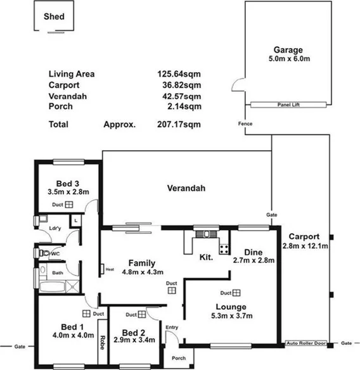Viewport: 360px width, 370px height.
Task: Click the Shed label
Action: coord(53,17)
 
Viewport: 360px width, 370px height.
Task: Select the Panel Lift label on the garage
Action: coord(288,105)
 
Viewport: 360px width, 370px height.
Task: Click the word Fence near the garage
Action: coord(245,124)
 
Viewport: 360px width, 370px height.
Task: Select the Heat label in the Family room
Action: coord(110,268)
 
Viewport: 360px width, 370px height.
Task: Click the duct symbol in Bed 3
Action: coord(69,205)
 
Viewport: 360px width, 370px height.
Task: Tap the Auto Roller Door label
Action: coord(306,342)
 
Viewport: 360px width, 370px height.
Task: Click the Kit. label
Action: coord(207,258)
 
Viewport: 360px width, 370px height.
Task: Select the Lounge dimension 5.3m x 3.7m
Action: coord(232,316)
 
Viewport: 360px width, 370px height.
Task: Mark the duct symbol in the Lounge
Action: coord(236,293)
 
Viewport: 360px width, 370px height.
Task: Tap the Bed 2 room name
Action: coord(134,333)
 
